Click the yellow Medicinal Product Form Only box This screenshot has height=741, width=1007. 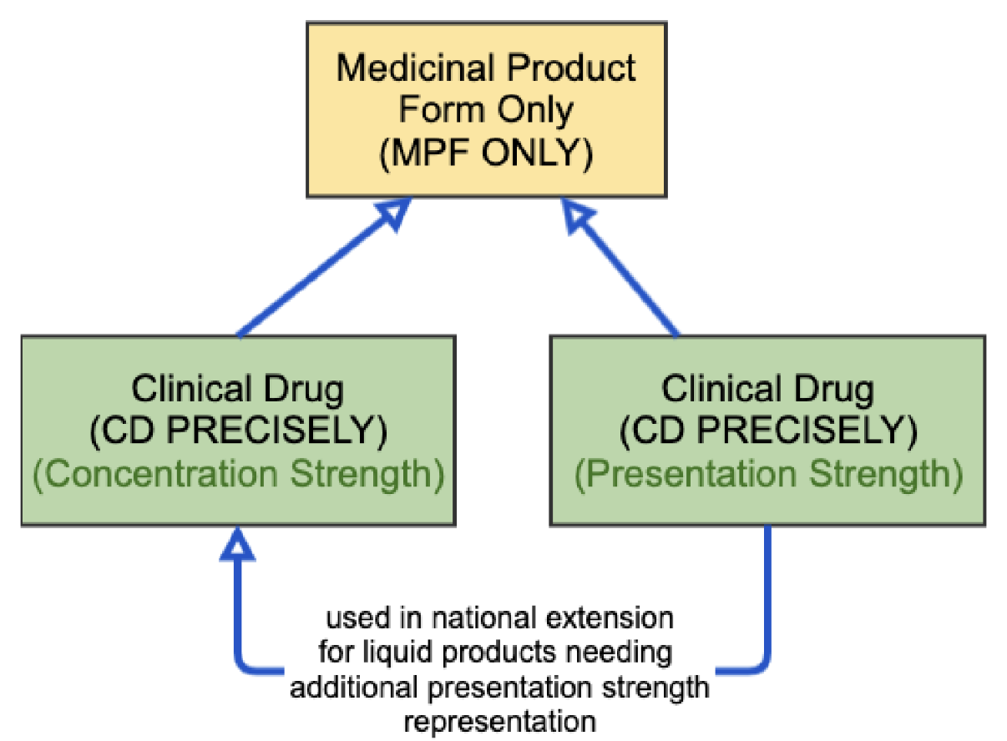pos(486,109)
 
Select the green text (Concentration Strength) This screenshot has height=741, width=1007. pos(238,474)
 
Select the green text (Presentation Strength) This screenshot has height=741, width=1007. pos(767,474)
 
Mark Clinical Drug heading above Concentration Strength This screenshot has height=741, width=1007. pos(238,388)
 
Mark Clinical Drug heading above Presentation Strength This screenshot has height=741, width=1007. pos(767,388)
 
